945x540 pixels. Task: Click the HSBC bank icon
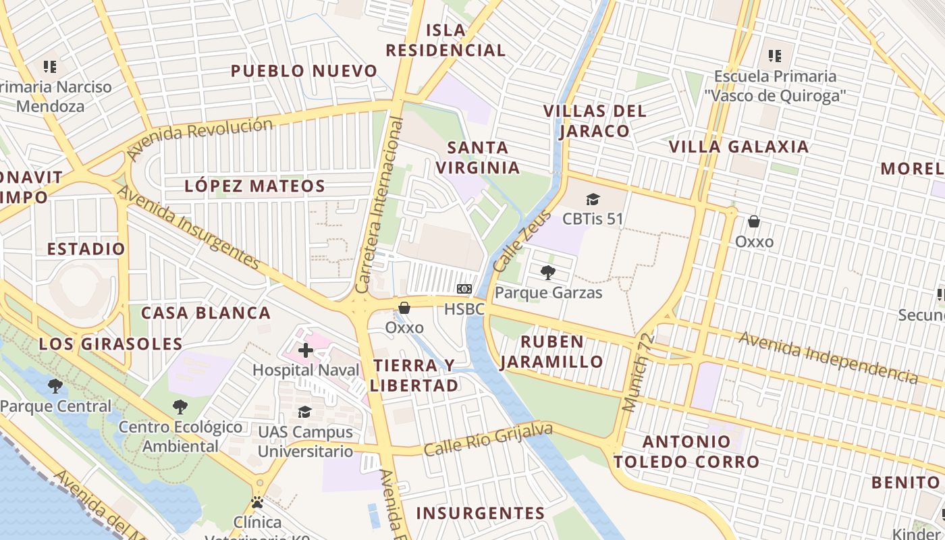pos(464,289)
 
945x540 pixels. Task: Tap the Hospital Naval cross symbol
pos(306,350)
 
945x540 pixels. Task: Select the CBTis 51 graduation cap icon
pos(593,199)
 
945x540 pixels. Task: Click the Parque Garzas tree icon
pos(548,273)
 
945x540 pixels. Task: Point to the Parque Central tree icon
pos(55,386)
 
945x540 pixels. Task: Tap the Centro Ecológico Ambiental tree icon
pos(180,406)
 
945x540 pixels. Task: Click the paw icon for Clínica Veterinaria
pos(257,502)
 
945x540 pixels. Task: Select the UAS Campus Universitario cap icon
pos(305,412)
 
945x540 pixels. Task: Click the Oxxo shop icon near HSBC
pos(404,308)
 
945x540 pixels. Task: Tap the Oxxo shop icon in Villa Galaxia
pos(754,221)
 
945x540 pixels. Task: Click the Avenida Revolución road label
pos(200,138)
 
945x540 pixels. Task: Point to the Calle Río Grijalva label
pos(488,439)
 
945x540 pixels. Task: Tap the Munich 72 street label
pos(638,372)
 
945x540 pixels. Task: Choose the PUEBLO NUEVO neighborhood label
pos(304,71)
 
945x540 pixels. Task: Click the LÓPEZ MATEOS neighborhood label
pos(254,186)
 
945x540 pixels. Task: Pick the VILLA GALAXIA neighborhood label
pos(738,146)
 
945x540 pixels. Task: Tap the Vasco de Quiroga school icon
pos(774,55)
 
